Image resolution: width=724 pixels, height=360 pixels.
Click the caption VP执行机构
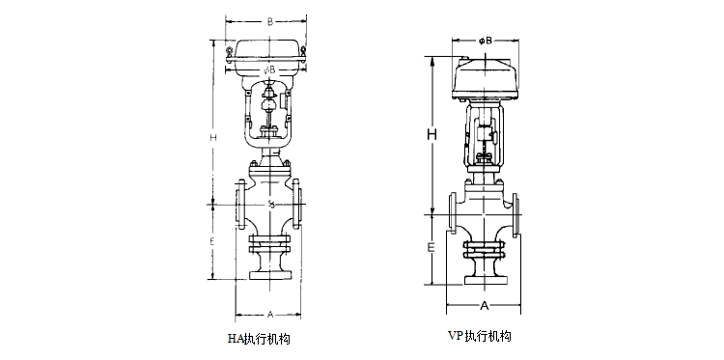tap(479, 336)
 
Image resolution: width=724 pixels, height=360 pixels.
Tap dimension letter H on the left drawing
tap(212, 138)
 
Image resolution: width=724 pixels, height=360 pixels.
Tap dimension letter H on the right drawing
tap(433, 134)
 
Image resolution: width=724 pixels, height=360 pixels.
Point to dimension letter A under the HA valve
tap(270, 314)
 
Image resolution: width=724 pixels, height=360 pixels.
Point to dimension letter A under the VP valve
tap(485, 305)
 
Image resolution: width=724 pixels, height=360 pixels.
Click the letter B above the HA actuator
tap(271, 19)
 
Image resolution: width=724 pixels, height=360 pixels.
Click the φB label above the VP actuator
tap(486, 41)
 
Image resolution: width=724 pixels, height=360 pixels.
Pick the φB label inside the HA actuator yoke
tap(270, 69)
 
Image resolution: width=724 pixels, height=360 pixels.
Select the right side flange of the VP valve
tap(518, 213)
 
